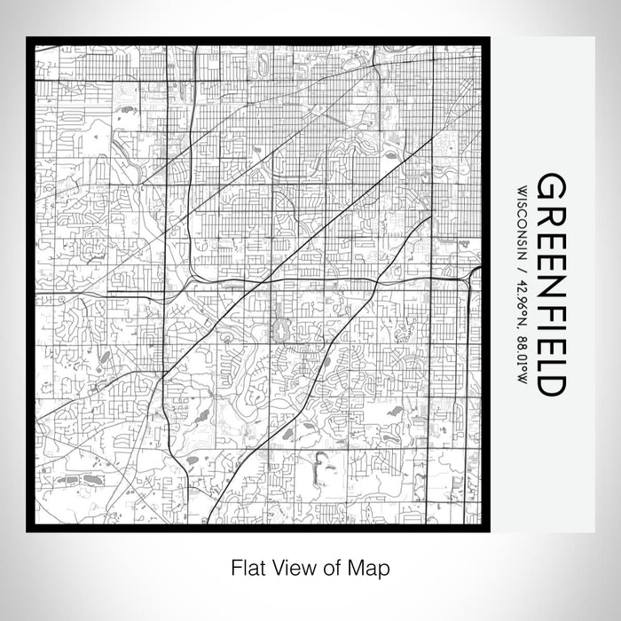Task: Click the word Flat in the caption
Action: point(247,566)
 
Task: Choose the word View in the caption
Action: point(285,566)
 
